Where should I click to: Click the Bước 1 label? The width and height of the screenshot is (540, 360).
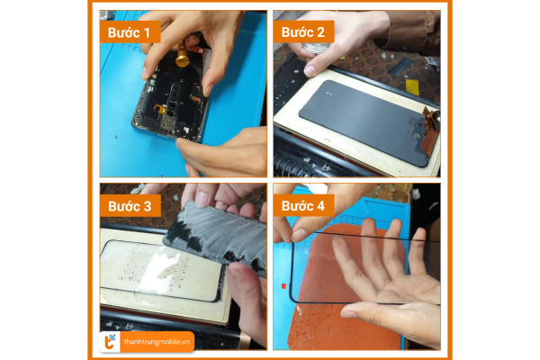tap(130, 32)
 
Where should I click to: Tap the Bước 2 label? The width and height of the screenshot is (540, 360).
tap(303, 32)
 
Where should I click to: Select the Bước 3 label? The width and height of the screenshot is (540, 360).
tap(130, 206)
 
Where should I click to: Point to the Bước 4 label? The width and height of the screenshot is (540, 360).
tap(303, 206)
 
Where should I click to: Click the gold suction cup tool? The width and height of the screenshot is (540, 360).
tap(183, 55)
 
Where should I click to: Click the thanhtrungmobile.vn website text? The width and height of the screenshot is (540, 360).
tap(157, 342)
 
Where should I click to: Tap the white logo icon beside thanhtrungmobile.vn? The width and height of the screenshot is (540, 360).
tap(110, 342)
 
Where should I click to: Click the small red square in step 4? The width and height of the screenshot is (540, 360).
tap(283, 286)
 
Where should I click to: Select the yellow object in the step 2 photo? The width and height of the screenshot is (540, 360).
tap(412, 87)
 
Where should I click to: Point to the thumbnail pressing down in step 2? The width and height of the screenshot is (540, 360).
tap(311, 70)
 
